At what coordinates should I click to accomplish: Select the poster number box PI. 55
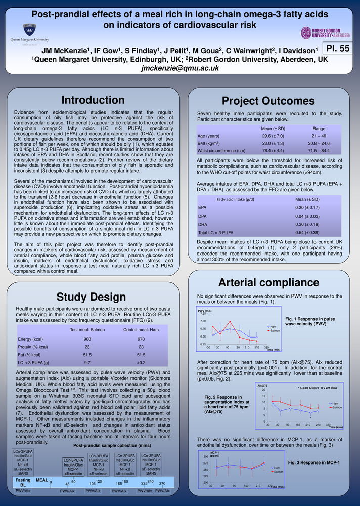pyautogui.click(x=337, y=49)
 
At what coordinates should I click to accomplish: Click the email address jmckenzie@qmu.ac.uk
pyautogui.click(x=179, y=68)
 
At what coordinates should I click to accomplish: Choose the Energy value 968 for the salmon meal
pyautogui.click(x=87, y=339)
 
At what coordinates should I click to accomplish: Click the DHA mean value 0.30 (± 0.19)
pyautogui.click(x=306, y=224)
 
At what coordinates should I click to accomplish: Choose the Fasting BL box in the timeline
pyautogui.click(x=22, y=482)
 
